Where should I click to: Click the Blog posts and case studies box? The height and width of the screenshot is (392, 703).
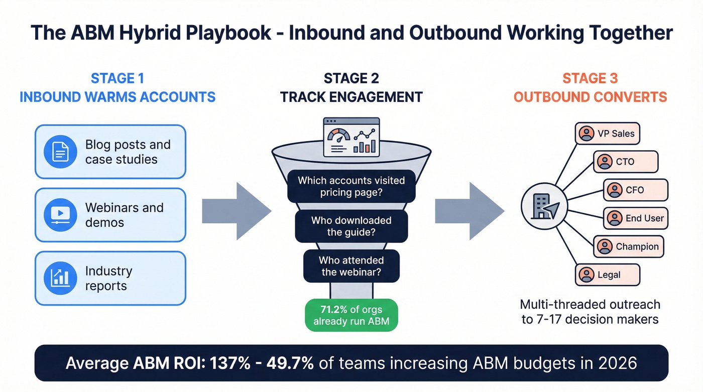pyautogui.click(x=110, y=152)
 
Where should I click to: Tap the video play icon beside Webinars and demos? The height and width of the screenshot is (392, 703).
pyautogui.click(x=61, y=215)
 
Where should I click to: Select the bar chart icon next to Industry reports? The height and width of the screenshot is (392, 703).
pyautogui.click(x=61, y=279)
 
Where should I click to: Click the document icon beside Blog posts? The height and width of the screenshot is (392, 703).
pyautogui.click(x=61, y=152)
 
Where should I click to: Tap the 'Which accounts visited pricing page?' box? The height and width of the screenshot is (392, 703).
pyautogui.click(x=351, y=186)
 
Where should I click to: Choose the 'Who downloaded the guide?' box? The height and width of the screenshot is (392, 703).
pyautogui.click(x=351, y=226)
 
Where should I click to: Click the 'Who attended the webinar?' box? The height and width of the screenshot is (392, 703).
pyautogui.click(x=351, y=267)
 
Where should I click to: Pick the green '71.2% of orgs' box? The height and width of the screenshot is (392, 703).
pyautogui.click(x=351, y=315)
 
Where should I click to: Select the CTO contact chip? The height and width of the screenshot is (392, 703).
pyautogui.click(x=626, y=162)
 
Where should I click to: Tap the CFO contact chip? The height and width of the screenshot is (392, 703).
pyautogui.click(x=635, y=190)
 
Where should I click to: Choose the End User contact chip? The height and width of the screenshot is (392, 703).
pyautogui.click(x=635, y=218)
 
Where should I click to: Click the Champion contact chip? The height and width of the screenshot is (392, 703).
pyautogui.click(x=629, y=246)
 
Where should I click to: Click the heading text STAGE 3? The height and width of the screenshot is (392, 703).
pyautogui.click(x=590, y=79)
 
